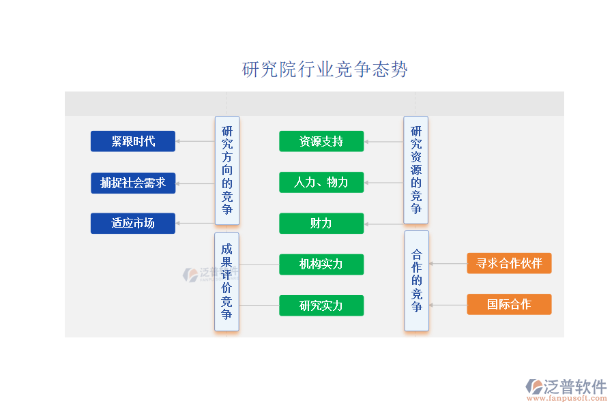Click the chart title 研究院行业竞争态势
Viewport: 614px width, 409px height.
pyautogui.click(x=325, y=70)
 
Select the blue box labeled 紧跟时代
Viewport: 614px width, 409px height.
pyautogui.click(x=133, y=141)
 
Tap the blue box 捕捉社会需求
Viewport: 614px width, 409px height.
pyautogui.click(x=133, y=183)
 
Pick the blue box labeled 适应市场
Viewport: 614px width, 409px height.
pyautogui.click(x=133, y=223)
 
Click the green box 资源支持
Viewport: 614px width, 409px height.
pyautogui.click(x=321, y=141)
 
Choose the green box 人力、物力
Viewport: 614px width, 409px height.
pyautogui.click(x=321, y=182)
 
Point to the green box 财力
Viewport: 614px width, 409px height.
pyautogui.click(x=321, y=223)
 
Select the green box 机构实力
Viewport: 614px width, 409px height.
pyautogui.click(x=321, y=264)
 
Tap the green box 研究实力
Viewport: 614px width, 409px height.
pyautogui.click(x=321, y=305)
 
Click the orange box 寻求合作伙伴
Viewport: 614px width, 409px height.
pyautogui.click(x=509, y=263)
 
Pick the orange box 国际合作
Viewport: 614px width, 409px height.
pyautogui.click(x=509, y=304)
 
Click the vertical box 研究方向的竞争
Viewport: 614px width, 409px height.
pyautogui.click(x=227, y=170)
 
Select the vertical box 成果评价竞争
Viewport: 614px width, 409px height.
pyautogui.click(x=227, y=282)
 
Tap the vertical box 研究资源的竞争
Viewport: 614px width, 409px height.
pyautogui.click(x=416, y=170)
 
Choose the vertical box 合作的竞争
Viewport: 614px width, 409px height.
pyautogui.click(x=416, y=280)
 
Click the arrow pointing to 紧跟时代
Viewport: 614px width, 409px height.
pyautogui.click(x=195, y=142)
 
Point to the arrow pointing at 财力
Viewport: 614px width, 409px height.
pyautogui.click(x=384, y=224)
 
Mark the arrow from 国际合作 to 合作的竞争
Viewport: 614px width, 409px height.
pyautogui.click(x=448, y=305)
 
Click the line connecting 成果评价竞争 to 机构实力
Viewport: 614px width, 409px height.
pyautogui.click(x=259, y=264)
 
